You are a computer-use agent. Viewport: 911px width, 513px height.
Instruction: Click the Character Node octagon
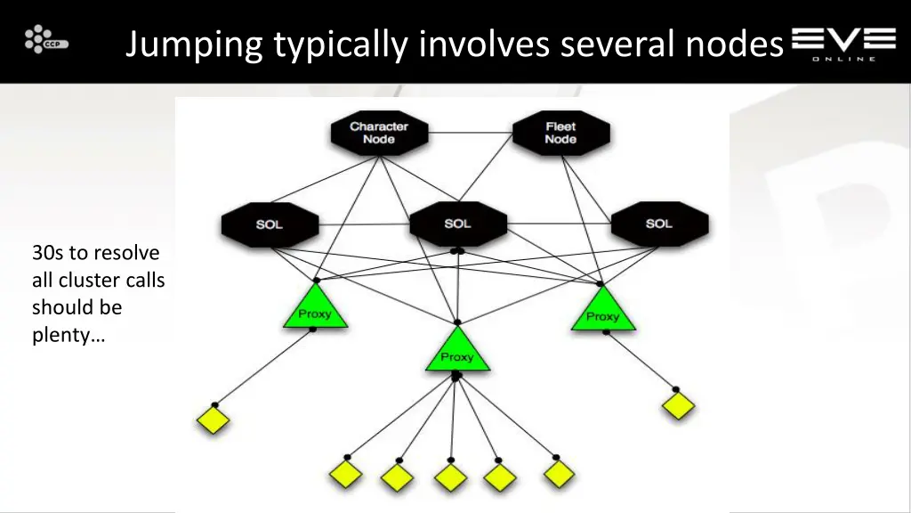(x=379, y=133)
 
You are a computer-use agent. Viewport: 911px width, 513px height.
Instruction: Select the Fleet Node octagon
(x=560, y=133)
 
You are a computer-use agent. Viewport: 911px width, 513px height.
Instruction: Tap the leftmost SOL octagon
(x=269, y=224)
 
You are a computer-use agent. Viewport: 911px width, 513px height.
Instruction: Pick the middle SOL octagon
(x=457, y=224)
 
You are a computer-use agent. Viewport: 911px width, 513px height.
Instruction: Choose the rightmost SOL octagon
(x=659, y=224)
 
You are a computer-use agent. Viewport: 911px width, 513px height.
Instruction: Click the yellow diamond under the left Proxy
(x=214, y=419)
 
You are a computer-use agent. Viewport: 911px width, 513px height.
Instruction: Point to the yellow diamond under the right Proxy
(x=678, y=406)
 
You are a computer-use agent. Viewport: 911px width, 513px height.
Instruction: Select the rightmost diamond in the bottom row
(x=560, y=473)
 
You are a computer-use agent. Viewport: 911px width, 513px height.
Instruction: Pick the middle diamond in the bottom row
(x=451, y=477)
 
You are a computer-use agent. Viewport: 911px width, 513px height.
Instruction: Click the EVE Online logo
(x=843, y=43)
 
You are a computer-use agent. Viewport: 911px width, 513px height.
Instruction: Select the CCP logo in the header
(x=46, y=40)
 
